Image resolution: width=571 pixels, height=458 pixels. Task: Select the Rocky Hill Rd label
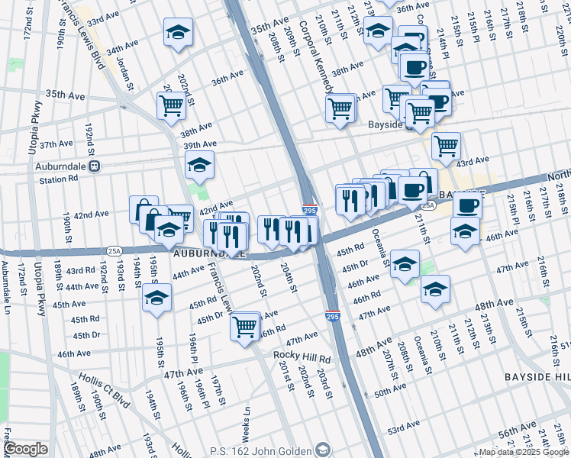tap(302, 358)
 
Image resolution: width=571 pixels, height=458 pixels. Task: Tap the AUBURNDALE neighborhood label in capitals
tap(210, 253)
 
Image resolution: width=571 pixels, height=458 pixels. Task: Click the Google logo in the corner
tap(25, 449)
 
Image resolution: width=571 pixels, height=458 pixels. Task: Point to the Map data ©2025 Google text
tap(523, 452)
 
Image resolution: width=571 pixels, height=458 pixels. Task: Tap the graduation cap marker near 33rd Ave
tap(178, 32)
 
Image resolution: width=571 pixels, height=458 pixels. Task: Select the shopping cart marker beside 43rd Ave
tap(446, 145)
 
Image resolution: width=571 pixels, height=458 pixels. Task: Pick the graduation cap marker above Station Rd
tap(199, 165)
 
